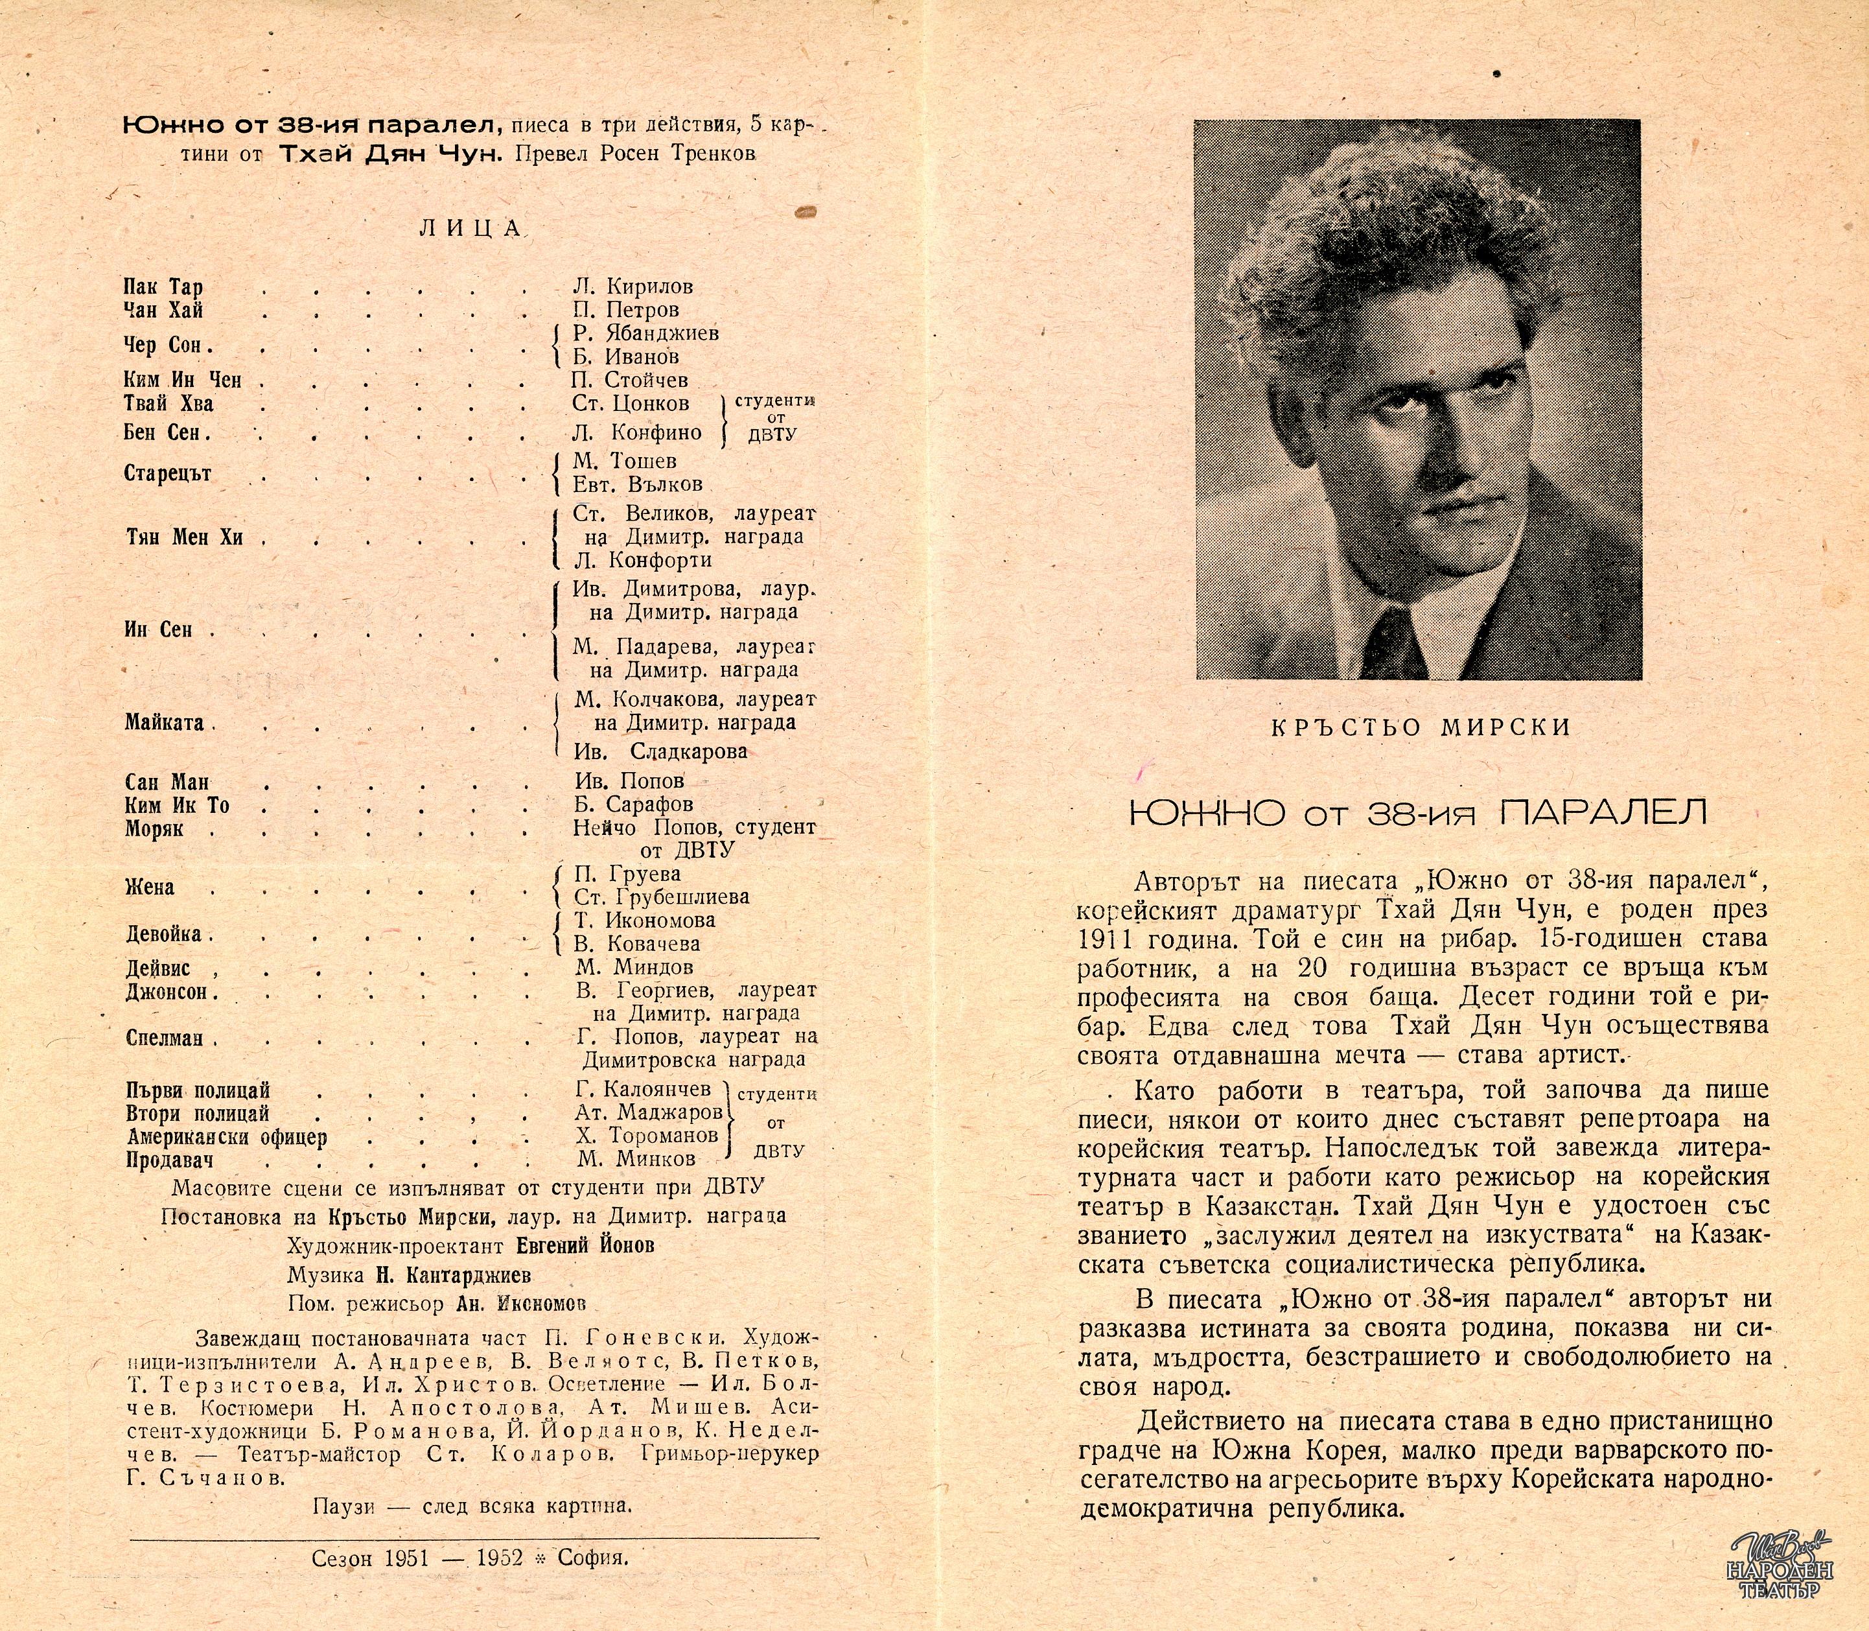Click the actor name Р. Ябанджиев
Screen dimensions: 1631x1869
pos(646,333)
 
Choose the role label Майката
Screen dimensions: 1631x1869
pos(164,723)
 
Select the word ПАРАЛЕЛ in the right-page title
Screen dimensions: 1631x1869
pos(1601,813)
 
